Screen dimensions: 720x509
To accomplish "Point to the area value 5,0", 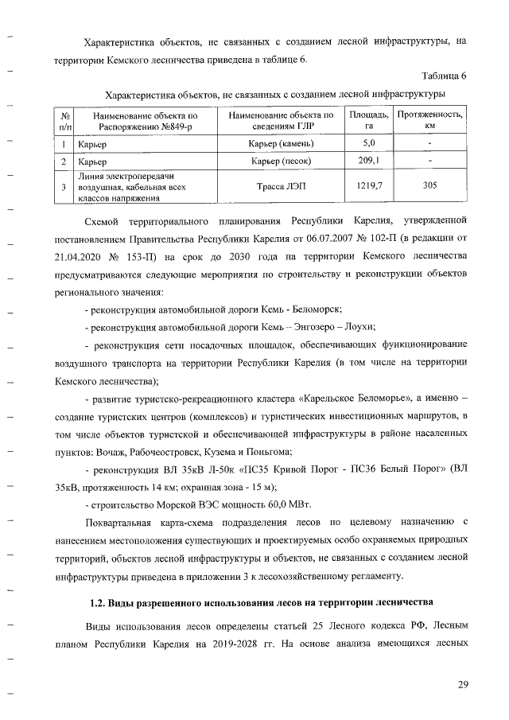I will tap(369, 143).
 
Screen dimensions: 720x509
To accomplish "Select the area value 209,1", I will tap(369, 162).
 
